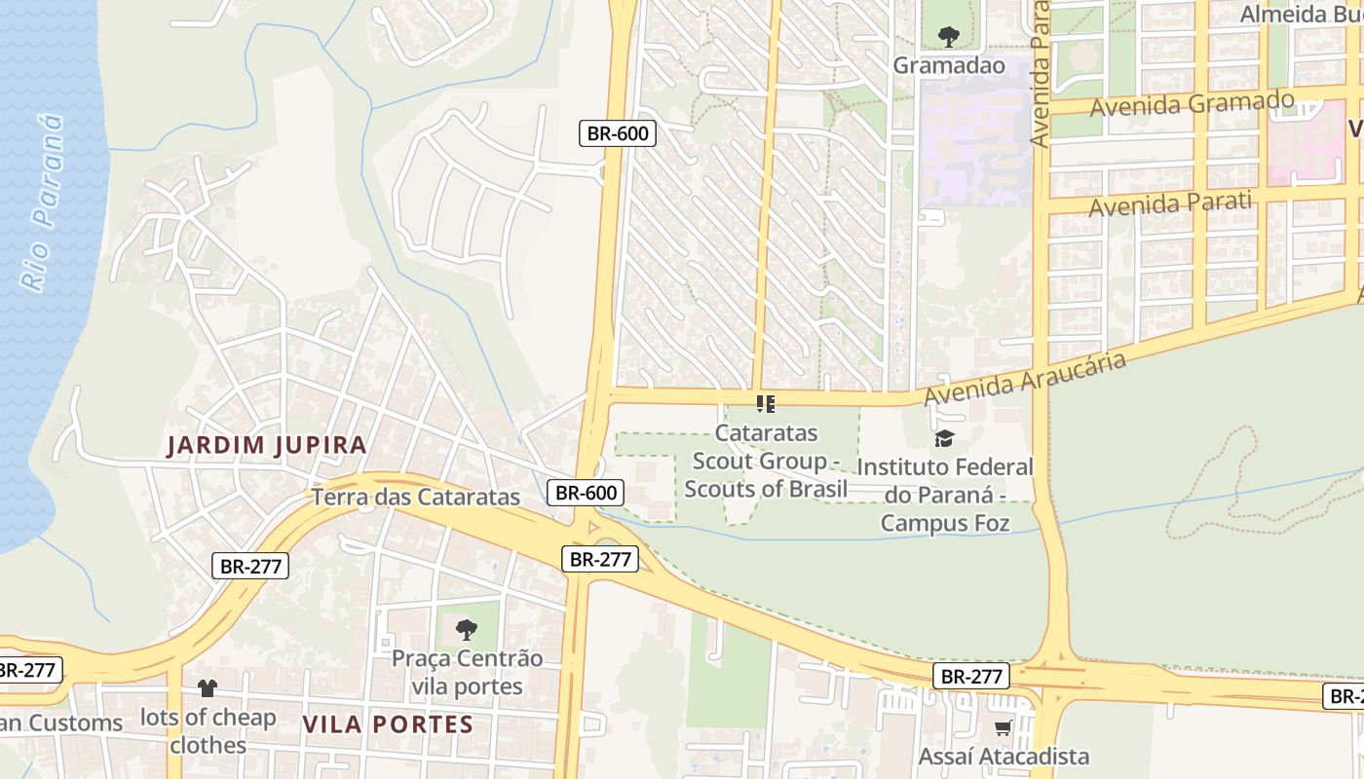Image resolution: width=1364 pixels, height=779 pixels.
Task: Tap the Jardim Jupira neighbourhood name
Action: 267,446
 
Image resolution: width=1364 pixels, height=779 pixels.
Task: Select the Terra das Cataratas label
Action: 416,497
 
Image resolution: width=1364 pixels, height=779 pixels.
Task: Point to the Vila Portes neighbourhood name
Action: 388,724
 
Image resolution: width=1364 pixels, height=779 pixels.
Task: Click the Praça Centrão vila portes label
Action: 467,672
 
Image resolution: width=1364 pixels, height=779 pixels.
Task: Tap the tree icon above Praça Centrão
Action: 467,629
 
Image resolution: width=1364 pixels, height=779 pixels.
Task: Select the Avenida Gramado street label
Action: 1192,103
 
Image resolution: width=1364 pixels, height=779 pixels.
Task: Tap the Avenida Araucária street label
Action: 1025,380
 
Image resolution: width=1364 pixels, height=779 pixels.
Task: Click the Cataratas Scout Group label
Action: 766,461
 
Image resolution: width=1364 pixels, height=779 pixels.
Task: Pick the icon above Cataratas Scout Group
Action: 766,403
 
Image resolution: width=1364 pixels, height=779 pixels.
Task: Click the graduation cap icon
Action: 944,438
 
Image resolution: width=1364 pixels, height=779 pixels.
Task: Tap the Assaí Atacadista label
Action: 1004,756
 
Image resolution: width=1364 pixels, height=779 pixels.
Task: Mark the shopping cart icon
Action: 1003,727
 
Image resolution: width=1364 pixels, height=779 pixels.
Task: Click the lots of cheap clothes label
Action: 208,731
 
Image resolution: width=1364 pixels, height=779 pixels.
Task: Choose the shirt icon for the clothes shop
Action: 207,688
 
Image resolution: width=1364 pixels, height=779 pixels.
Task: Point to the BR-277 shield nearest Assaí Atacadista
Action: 970,676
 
